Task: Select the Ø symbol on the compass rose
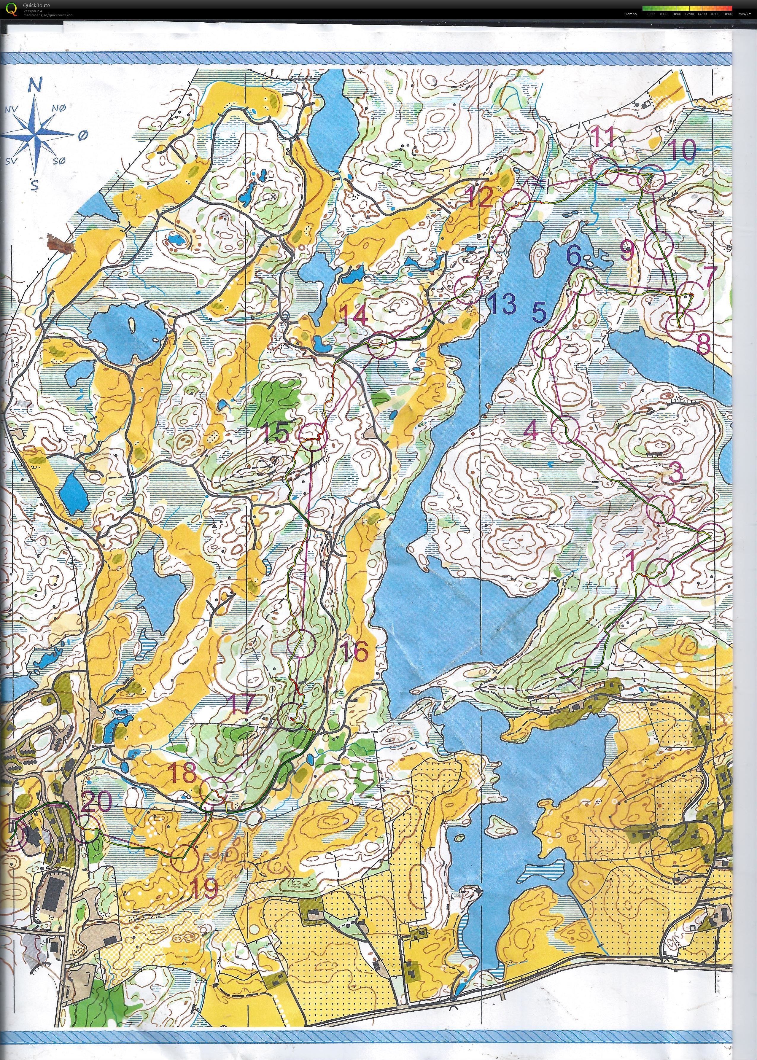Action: coord(82,135)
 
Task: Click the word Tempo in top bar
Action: coord(631,14)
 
